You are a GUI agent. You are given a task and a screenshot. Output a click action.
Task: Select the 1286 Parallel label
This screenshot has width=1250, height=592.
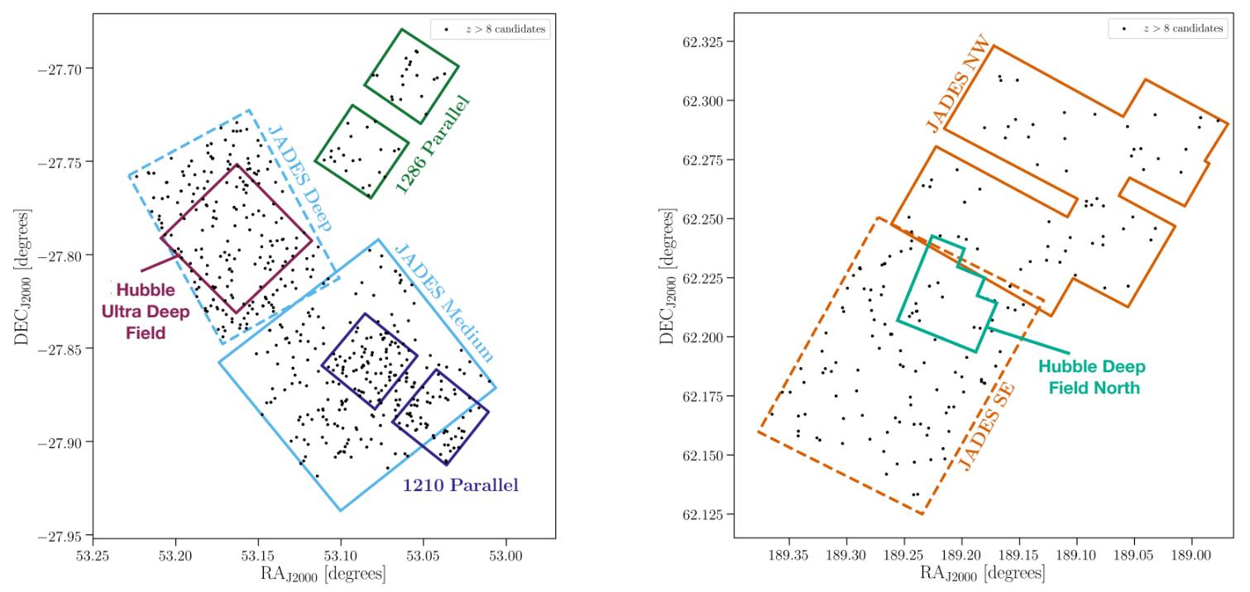433,146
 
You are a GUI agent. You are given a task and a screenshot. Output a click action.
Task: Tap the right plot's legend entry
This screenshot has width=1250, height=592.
1176,29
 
